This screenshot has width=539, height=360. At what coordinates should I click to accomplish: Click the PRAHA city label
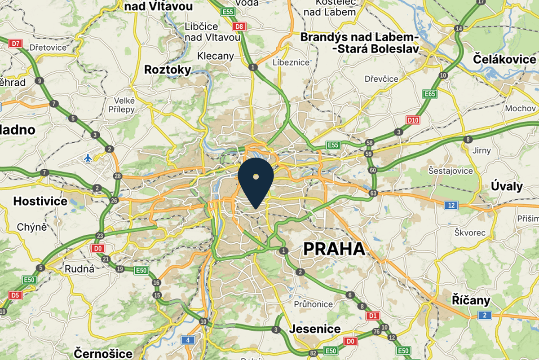tap(334, 249)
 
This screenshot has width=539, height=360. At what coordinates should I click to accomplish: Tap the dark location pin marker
tap(256, 180)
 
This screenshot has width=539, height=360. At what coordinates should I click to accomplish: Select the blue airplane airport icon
tap(88, 158)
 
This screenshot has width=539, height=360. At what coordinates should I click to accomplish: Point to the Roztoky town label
tap(168, 70)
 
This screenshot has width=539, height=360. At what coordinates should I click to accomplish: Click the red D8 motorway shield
tap(240, 26)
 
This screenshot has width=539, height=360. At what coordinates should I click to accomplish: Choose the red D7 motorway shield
tap(15, 44)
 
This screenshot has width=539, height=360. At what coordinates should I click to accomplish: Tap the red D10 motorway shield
tap(412, 120)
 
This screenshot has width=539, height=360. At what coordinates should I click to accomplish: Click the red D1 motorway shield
tap(372, 316)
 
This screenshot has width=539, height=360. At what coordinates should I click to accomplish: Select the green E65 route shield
tap(429, 94)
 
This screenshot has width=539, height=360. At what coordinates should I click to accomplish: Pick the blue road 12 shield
tap(451, 206)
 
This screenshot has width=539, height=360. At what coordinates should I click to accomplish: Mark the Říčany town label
tap(471, 300)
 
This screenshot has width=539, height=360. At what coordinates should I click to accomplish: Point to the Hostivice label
tap(40, 201)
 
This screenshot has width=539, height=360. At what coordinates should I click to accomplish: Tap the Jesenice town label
tap(315, 329)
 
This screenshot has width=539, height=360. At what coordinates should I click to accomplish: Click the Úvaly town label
tap(507, 186)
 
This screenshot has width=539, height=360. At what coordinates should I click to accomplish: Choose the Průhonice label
tap(314, 304)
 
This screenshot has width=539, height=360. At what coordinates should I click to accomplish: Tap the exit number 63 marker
tap(373, 193)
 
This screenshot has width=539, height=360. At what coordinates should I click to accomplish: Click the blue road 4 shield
tap(187, 340)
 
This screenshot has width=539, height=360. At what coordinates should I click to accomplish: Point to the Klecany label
tap(216, 56)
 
